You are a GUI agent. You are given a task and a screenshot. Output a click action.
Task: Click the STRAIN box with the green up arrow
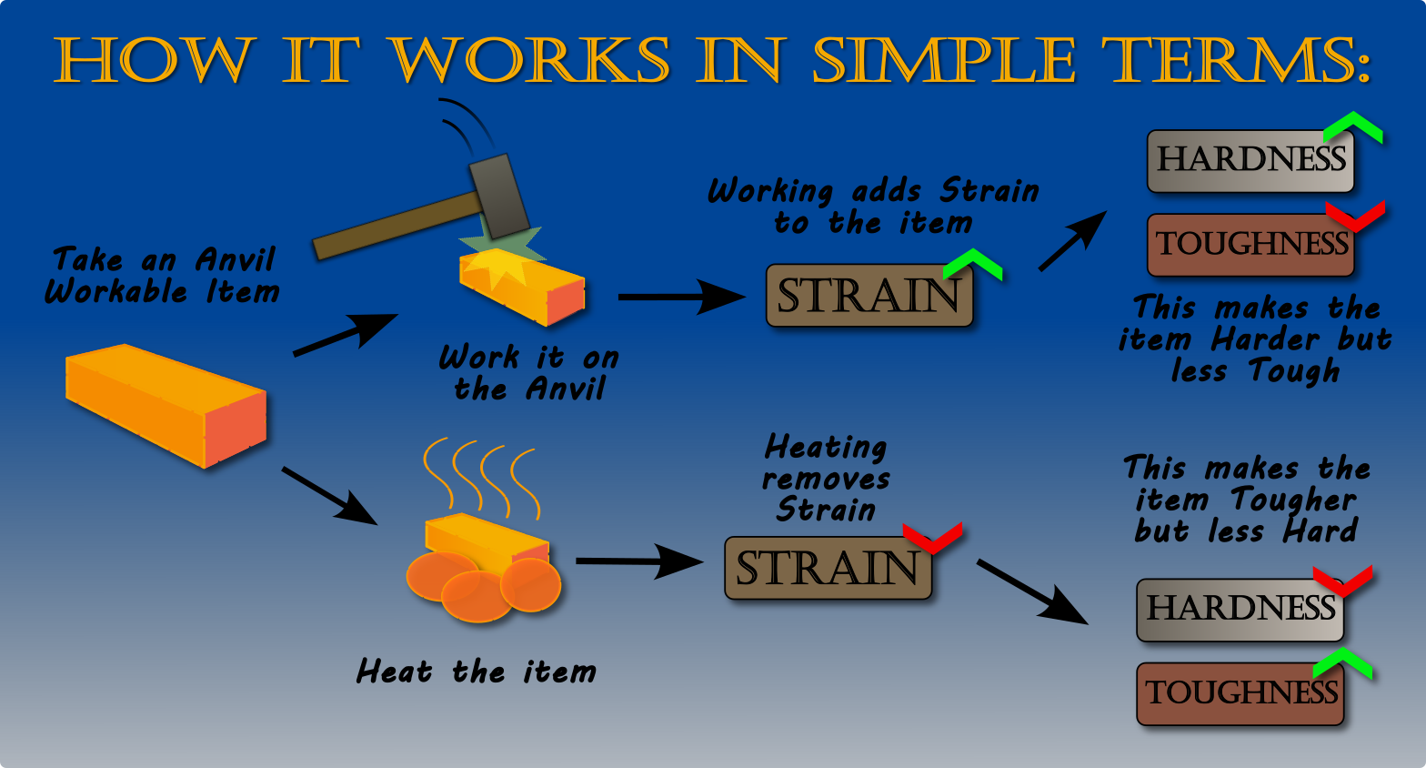(x=869, y=297)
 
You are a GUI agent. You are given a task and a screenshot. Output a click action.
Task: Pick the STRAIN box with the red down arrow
(x=828, y=569)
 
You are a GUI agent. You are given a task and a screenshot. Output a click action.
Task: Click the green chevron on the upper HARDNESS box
(x=1353, y=127)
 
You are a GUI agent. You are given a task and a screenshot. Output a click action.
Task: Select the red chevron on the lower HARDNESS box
(x=1343, y=581)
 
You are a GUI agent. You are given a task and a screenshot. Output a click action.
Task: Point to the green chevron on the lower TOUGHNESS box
(x=1343, y=663)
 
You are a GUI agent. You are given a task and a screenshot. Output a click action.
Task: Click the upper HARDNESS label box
(x=1250, y=161)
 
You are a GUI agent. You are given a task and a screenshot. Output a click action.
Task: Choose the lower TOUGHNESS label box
(x=1240, y=694)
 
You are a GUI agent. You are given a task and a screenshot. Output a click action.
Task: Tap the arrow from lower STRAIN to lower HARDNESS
(x=1033, y=592)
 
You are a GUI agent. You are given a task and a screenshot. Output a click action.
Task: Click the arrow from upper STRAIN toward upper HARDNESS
(x=1073, y=241)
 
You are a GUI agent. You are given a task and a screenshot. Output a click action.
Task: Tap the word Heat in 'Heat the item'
(x=394, y=672)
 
